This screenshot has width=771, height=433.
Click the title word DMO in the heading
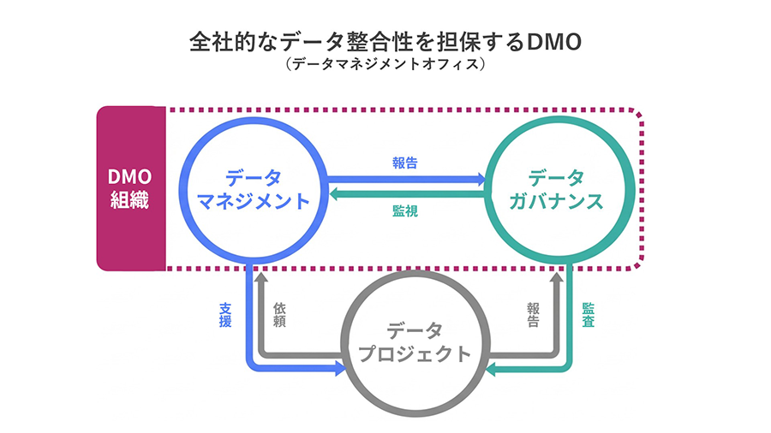pyautogui.click(x=557, y=43)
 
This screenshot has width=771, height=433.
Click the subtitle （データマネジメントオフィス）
pyautogui.click(x=386, y=65)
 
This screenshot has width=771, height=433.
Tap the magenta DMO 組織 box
pyautogui.click(x=129, y=189)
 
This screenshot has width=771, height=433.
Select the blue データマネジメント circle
pyautogui.click(x=254, y=189)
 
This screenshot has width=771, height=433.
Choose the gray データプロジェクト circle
pyautogui.click(x=415, y=342)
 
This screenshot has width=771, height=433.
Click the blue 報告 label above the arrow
pyautogui.click(x=405, y=163)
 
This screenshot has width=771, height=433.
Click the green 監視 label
pyautogui.click(x=405, y=211)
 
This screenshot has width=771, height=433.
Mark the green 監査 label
pyautogui.click(x=589, y=314)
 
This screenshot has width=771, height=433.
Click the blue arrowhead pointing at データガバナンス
pyautogui.click(x=480, y=180)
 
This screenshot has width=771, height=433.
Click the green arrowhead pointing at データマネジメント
pyautogui.click(x=334, y=195)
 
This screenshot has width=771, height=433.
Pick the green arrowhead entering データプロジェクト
pyautogui.click(x=494, y=369)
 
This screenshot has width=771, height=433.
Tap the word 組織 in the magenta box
pyautogui.click(x=129, y=202)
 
